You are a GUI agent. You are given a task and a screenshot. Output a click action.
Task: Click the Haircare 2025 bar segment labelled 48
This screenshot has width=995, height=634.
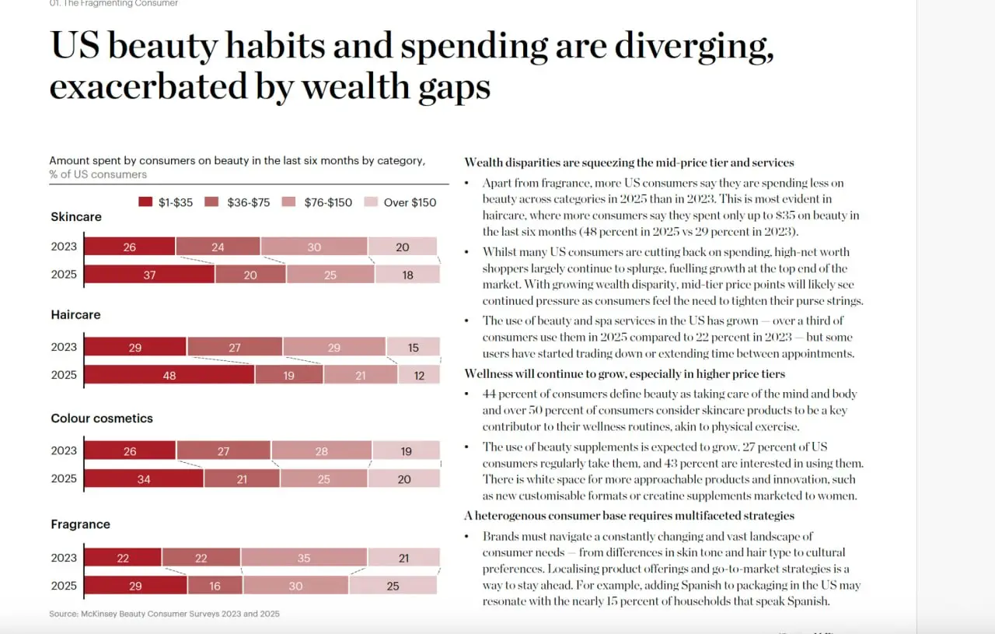169,375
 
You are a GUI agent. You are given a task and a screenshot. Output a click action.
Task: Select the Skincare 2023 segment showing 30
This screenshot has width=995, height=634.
314,247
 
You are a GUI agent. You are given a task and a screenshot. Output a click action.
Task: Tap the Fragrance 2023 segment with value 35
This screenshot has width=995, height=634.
304,558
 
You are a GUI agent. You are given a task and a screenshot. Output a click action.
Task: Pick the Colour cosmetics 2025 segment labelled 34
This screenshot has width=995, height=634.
144,478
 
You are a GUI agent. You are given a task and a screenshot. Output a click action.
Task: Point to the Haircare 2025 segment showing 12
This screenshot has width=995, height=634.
419,375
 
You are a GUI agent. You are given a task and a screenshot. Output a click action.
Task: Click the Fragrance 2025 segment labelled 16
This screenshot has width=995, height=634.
215,585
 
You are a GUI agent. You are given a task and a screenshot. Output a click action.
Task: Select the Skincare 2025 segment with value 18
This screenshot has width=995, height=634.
407,275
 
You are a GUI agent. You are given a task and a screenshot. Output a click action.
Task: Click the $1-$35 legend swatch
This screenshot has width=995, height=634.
145,201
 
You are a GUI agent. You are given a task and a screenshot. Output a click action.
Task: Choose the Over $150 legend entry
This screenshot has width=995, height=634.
400,202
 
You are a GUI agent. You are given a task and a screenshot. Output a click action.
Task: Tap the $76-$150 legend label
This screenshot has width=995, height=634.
328,202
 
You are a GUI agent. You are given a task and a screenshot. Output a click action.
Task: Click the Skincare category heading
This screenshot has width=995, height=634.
76,216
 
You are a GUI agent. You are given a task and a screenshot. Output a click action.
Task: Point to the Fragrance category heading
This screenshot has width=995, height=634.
80,524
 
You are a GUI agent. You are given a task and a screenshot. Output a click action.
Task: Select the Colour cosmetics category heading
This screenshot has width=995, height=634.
102,419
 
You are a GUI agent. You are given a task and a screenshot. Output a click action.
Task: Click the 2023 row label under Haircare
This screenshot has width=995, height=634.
64,347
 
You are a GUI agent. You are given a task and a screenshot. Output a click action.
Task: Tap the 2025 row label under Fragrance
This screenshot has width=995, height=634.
64,586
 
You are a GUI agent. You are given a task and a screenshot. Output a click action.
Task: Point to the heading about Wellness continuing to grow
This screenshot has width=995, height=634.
624,374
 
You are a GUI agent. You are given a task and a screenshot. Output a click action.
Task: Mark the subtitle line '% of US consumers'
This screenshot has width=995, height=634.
98,174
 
